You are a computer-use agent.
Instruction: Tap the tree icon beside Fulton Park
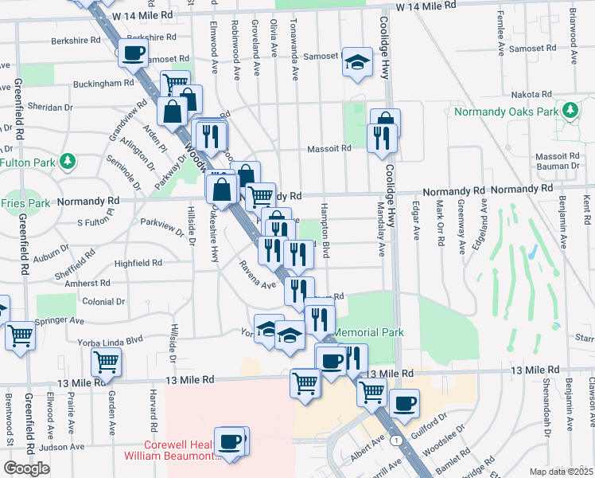pyautogui.click(x=68, y=162)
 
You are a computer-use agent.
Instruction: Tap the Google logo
pyautogui.click(x=26, y=468)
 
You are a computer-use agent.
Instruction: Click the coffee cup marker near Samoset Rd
pyautogui.click(x=133, y=53)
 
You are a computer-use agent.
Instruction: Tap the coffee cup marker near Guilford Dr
pyautogui.click(x=404, y=403)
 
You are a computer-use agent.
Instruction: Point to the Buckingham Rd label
pyautogui.click(x=103, y=83)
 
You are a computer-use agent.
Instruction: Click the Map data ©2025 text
pyautogui.click(x=562, y=472)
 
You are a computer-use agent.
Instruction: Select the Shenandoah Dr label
pyautogui.click(x=547, y=415)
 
